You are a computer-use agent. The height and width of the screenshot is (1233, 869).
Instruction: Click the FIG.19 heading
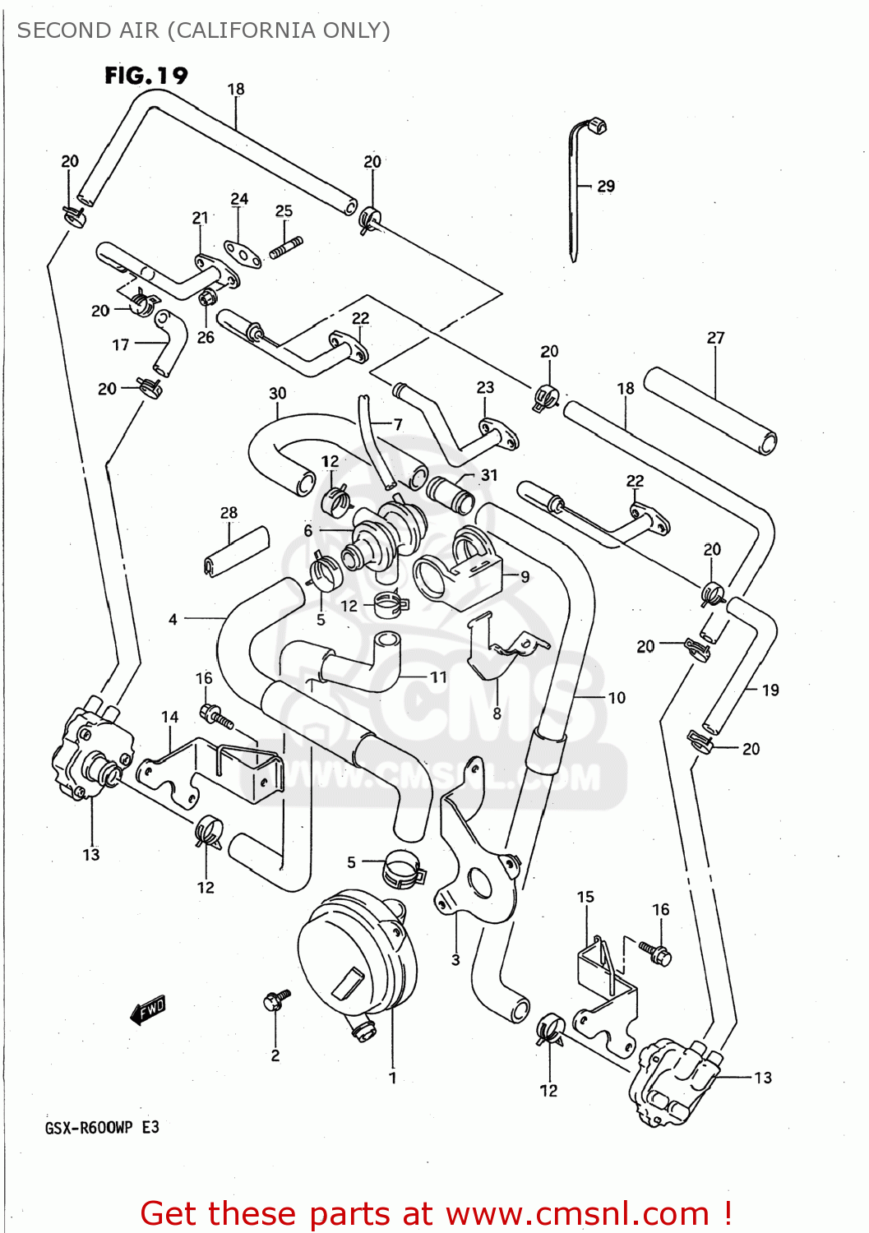click(x=146, y=76)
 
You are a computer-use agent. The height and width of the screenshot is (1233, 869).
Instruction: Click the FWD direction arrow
click(x=149, y=1009)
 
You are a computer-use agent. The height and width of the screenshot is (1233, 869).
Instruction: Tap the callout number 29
click(x=606, y=187)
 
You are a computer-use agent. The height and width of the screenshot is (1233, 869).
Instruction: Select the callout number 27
click(x=715, y=338)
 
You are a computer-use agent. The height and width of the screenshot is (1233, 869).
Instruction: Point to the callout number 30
click(x=278, y=393)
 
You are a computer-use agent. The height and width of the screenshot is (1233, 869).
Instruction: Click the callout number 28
click(x=229, y=513)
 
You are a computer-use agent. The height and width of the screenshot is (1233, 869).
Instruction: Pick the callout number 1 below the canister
click(x=393, y=1078)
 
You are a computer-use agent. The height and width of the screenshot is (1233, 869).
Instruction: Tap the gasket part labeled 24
click(x=243, y=254)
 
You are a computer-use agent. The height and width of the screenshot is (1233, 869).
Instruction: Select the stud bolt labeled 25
click(x=287, y=246)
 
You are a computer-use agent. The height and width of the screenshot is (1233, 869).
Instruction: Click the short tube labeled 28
click(x=237, y=552)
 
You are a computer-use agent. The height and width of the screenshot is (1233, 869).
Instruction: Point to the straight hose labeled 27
click(x=710, y=410)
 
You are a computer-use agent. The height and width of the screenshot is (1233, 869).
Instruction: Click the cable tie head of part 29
click(x=597, y=127)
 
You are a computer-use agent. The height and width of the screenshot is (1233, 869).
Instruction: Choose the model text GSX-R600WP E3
click(x=101, y=1127)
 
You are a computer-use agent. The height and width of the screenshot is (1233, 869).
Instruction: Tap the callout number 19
click(x=770, y=690)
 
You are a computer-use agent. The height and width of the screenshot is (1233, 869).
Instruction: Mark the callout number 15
click(x=585, y=897)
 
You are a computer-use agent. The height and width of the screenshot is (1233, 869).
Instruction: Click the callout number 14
click(x=169, y=717)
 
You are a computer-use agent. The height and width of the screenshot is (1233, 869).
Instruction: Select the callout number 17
click(x=121, y=344)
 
